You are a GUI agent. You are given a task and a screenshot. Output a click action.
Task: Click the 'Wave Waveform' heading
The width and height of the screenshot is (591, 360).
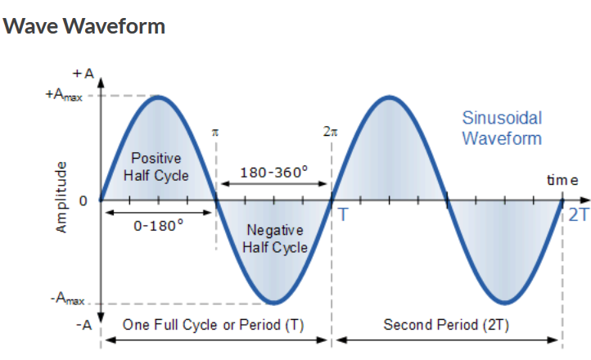[x=84, y=25]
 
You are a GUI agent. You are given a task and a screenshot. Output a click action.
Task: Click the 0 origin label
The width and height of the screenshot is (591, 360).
[x=83, y=200]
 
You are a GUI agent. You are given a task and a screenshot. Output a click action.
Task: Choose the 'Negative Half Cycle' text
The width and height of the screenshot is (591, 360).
[x=277, y=239]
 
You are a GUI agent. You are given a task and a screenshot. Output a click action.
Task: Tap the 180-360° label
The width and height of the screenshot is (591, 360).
[x=274, y=173]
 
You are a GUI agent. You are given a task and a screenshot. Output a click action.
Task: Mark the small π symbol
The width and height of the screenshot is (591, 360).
[x=215, y=131]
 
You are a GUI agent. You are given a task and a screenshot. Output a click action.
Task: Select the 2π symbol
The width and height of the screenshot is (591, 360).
[x=331, y=131]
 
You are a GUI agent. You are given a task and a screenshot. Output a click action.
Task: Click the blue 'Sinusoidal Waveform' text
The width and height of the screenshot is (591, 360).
[x=502, y=128]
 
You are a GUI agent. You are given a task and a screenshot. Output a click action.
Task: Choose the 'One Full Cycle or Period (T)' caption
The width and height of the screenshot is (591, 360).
[x=213, y=325]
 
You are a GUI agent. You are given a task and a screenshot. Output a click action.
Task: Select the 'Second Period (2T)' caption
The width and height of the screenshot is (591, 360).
[x=446, y=325]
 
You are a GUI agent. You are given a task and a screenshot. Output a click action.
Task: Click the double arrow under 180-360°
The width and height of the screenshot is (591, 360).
[x=273, y=185]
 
